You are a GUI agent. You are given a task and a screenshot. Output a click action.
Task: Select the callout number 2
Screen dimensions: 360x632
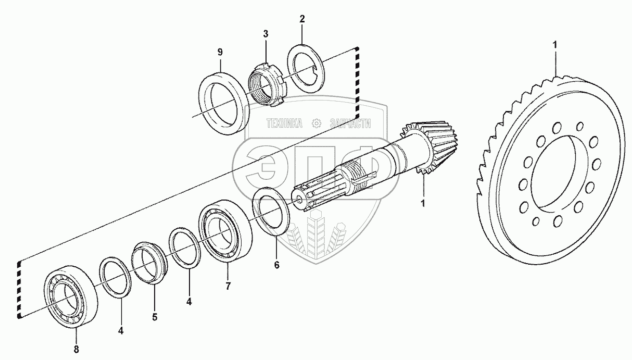coord(301,19)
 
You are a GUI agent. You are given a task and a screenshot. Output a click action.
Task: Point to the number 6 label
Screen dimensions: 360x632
coord(276,265)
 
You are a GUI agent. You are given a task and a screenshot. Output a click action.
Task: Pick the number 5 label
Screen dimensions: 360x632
coord(155,316)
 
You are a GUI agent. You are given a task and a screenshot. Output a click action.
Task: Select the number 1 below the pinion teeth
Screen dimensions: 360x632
coord(423,202)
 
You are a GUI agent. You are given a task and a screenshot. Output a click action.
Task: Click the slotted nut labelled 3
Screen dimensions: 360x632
coord(266,85)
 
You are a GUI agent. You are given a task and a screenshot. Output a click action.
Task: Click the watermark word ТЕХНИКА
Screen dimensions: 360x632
coord(284,124)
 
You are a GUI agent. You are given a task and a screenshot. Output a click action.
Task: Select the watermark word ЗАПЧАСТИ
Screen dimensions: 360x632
coord(350,124)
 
